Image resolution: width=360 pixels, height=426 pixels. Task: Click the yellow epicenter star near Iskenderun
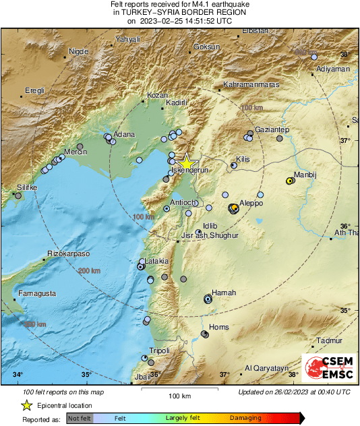coord(187,163)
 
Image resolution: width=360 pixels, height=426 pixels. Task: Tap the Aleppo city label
coord(251,203)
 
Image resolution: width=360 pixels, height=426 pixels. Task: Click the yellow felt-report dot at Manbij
coord(290,181)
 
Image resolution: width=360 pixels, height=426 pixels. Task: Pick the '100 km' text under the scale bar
coord(180,396)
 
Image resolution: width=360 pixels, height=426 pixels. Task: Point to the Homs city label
coord(219,327)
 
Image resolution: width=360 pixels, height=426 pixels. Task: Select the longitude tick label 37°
coord(224,374)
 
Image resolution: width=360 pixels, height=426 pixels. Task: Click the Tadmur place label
coord(329,340)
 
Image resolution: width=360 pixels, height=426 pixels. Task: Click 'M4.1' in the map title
coord(191,5)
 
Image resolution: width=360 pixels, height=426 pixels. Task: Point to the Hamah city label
coord(223,293)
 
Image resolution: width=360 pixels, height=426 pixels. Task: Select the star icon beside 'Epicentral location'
coord(26,405)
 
